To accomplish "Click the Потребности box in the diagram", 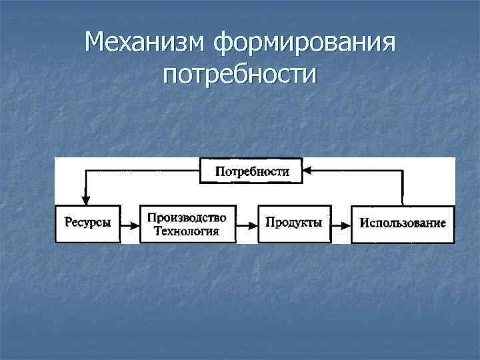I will [x=251, y=171].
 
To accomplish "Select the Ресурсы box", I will [x=88, y=223].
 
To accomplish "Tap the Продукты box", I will [x=294, y=223].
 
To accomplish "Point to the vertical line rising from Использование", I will [x=402, y=188].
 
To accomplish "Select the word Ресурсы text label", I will [x=88, y=223].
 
